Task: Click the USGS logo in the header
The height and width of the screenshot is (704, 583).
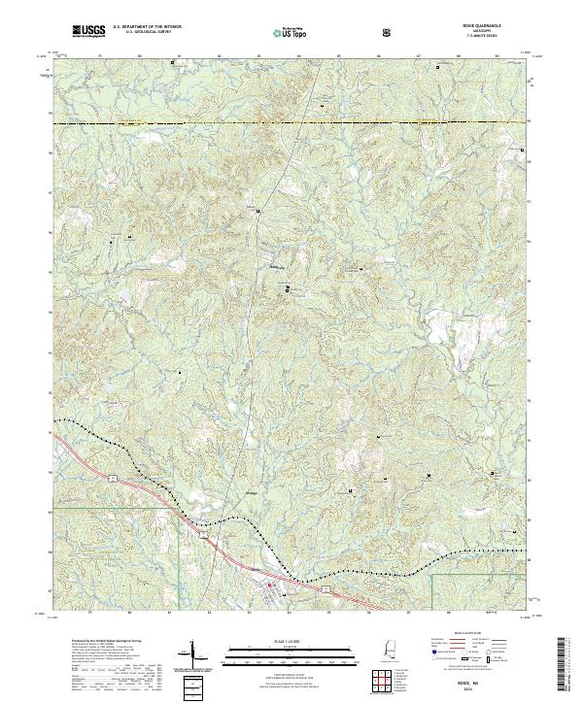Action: [x=88, y=32]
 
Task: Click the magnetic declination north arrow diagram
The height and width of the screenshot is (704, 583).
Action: [x=193, y=656]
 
